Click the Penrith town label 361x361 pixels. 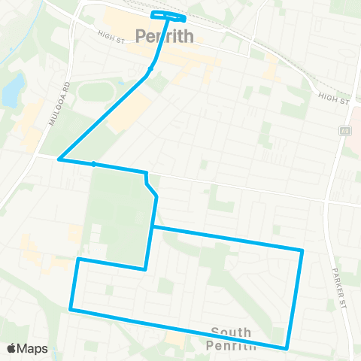(x=165, y=35)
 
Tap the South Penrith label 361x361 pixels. (x=231, y=338)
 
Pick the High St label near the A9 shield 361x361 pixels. (x=334, y=98)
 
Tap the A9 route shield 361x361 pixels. (x=346, y=130)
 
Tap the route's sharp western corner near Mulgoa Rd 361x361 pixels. (x=59, y=159)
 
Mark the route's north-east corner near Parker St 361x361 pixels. (x=302, y=250)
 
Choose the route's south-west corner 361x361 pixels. (x=71, y=308)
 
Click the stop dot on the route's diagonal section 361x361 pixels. (x=151, y=68)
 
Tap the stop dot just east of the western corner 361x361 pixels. (x=93, y=163)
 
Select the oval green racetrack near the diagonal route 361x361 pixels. (x=96, y=93)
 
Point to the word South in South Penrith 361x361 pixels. (x=231, y=332)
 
